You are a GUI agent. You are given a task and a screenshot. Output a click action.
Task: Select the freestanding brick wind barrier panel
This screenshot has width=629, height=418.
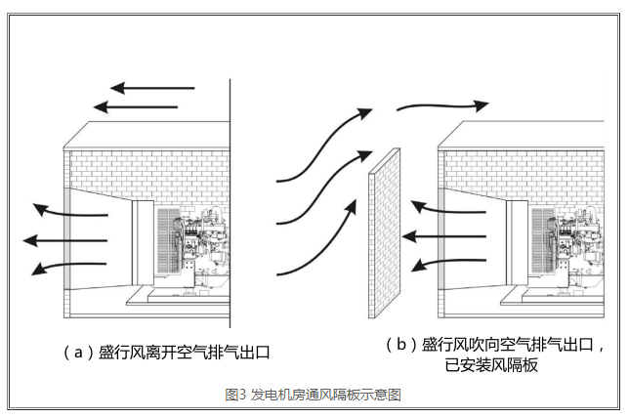[x=388, y=234]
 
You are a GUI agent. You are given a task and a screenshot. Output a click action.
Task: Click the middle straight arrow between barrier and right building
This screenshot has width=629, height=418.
[x=444, y=235]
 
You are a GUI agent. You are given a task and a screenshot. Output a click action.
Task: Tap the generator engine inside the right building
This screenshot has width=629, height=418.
[x=576, y=244]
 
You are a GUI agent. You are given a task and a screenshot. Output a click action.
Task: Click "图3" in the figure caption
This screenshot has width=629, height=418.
[x=235, y=395]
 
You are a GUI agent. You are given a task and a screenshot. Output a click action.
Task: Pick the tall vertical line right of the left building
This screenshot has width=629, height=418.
[x=230, y=205]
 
